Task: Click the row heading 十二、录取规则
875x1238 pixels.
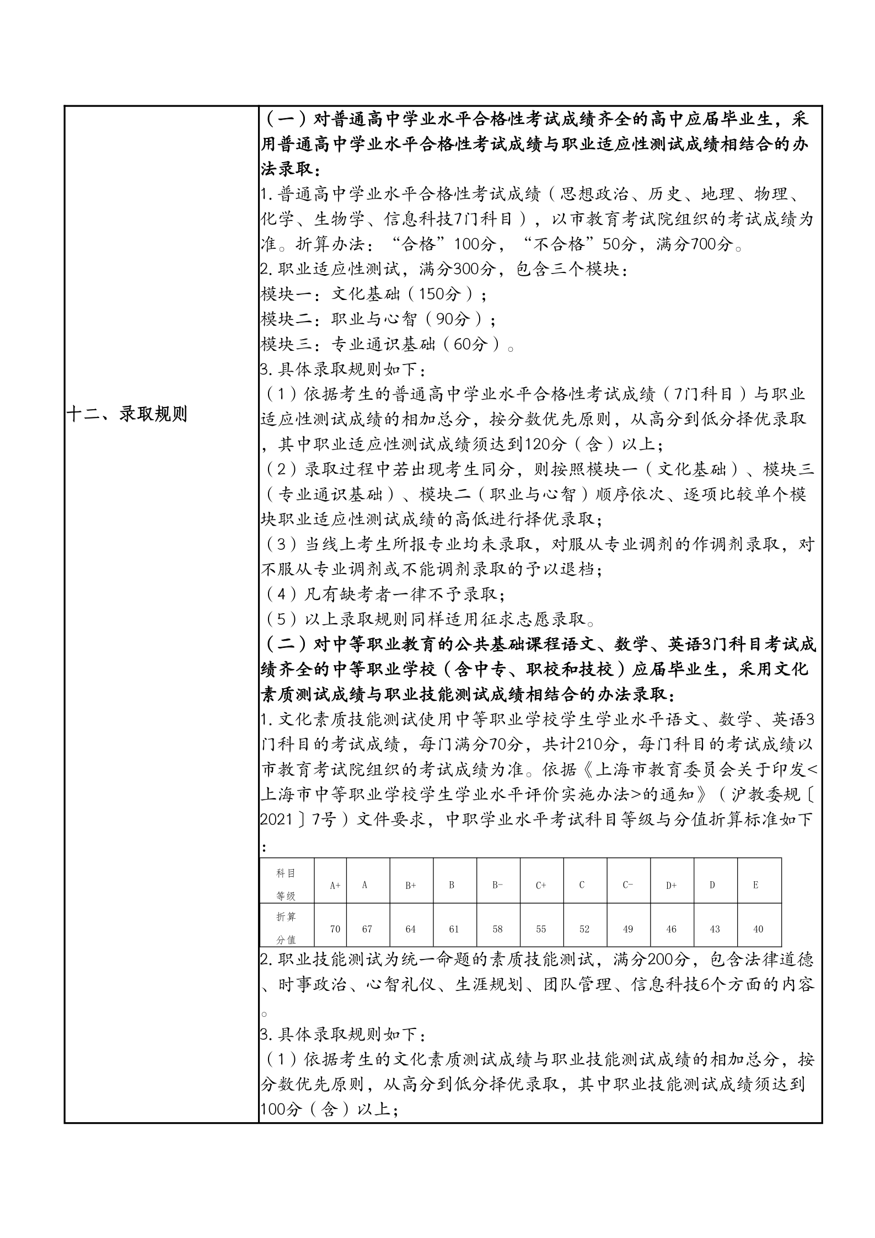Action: [127, 414]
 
